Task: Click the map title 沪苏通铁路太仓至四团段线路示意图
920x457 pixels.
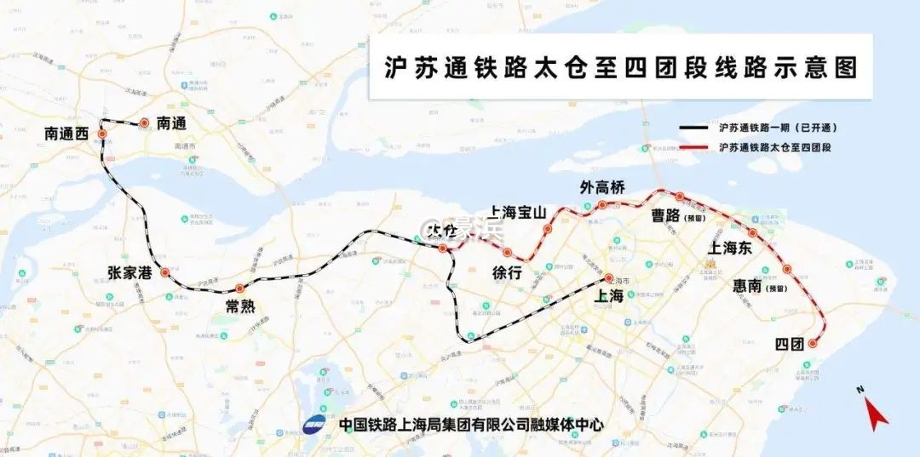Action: (621, 68)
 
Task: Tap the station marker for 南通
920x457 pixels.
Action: (145, 123)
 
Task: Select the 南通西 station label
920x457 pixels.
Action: (66, 134)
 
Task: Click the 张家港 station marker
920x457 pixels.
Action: (164, 274)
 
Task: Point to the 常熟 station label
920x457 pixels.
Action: (240, 306)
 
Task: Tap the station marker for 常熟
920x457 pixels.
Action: (239, 288)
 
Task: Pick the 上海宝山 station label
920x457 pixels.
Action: (517, 213)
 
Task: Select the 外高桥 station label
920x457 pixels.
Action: (602, 188)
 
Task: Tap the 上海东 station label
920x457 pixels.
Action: (730, 248)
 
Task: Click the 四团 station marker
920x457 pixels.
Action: (813, 344)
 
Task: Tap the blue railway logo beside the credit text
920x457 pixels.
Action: (314, 423)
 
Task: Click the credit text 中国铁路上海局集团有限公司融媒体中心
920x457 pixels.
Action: (470, 424)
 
